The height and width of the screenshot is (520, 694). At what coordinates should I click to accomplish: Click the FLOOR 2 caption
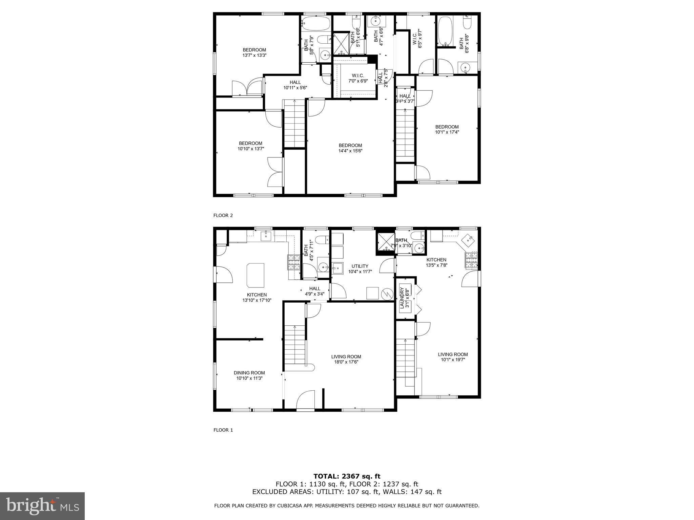coord(223,215)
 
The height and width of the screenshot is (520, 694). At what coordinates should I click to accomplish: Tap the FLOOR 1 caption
coord(223,430)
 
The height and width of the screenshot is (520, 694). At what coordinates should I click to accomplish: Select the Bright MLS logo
coord(42,506)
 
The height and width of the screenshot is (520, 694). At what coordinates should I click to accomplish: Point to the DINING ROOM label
coord(249,373)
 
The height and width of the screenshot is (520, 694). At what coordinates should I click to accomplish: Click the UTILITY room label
coord(360,266)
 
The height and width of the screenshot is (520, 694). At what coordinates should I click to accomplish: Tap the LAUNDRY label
coord(402,298)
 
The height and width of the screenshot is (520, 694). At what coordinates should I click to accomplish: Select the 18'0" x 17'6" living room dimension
coord(346,362)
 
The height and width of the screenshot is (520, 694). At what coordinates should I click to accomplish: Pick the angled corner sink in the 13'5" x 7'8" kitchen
coord(469,240)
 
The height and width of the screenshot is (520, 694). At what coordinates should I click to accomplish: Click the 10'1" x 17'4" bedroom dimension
coord(447,132)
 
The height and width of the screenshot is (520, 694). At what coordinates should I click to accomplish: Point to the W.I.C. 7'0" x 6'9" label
coord(358,78)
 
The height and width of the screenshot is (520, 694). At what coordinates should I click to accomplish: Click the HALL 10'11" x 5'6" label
coord(295,85)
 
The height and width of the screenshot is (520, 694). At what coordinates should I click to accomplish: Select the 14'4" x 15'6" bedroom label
coord(350,148)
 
